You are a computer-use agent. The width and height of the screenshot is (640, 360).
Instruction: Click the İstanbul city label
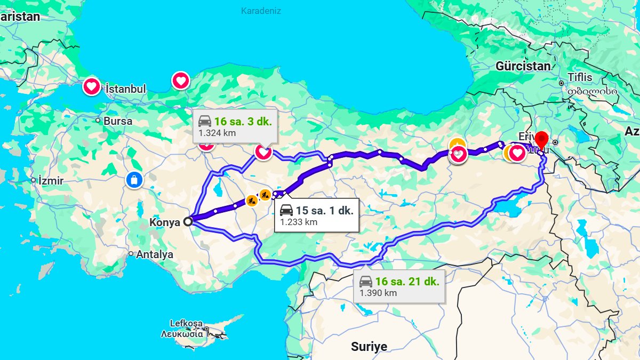pyautogui.click(x=126, y=89)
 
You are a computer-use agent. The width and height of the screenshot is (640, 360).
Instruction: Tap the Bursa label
pyautogui.click(x=118, y=121)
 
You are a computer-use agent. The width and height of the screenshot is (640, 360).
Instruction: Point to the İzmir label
pyautogui.click(x=51, y=181)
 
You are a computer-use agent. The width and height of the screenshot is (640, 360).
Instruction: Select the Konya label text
pyautogui.click(x=165, y=222)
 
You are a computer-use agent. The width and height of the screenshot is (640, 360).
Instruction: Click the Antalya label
pyautogui.click(x=155, y=254)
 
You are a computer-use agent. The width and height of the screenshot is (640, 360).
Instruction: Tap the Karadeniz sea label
pyautogui.click(x=261, y=11)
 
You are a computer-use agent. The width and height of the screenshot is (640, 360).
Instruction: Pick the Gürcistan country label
pyautogui.click(x=523, y=67)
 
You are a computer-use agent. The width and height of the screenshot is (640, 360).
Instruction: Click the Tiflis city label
pyautogui.click(x=580, y=77)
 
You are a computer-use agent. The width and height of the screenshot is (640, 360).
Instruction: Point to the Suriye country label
pyautogui.click(x=369, y=347)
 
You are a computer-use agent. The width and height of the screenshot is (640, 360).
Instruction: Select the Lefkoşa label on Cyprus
pyautogui.click(x=187, y=323)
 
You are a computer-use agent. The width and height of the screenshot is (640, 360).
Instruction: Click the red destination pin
pyautogui.click(x=542, y=140)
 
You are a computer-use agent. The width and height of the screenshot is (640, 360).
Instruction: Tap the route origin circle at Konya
pyautogui.click(x=188, y=222)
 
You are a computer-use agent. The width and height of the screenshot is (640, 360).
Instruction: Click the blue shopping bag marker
pyautogui.click(x=134, y=180)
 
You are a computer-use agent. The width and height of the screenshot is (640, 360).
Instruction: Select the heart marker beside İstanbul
pyautogui.click(x=91, y=86)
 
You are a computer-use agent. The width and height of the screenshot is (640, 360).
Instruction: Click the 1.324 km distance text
pyautogui.click(x=217, y=133)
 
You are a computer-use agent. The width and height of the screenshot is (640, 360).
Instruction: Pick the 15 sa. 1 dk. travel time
pyautogui.click(x=324, y=211)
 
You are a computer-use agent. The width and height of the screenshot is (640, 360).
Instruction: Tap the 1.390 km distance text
pyautogui.click(x=378, y=293)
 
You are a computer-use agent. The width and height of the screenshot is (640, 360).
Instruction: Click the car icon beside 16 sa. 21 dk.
pyautogui.click(x=366, y=282)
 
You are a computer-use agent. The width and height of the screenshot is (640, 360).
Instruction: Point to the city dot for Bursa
pyautogui.click(x=98, y=121)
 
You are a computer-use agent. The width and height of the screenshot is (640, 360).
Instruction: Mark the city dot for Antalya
pyautogui.click(x=131, y=254)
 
